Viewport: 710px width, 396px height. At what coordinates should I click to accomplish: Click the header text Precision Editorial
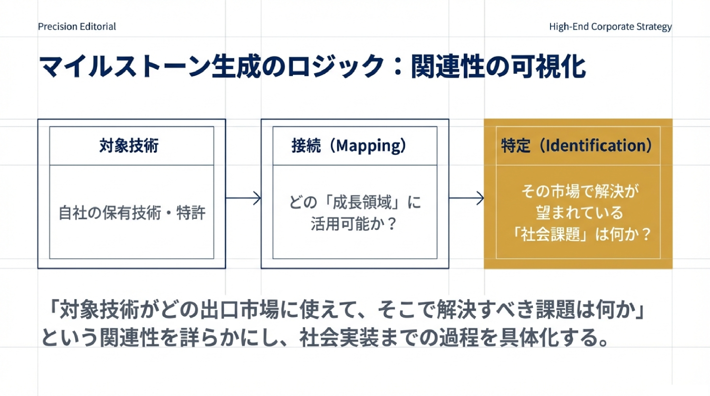(77, 26)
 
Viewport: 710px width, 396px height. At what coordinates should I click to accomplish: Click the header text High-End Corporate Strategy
(610, 26)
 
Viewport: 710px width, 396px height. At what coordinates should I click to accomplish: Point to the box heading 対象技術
(129, 146)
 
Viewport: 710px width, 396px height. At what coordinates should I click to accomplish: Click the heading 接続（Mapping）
(349, 146)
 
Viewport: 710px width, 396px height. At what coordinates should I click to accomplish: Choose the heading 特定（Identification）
(577, 146)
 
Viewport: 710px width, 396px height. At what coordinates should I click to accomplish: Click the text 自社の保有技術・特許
(132, 213)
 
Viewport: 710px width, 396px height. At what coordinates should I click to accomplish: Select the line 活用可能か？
(355, 224)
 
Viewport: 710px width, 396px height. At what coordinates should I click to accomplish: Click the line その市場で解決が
(579, 191)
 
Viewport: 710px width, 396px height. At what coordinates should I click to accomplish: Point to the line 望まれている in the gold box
(579, 212)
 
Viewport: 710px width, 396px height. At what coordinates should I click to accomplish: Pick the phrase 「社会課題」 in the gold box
(550, 234)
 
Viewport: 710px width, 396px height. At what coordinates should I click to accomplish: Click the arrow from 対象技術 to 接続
(243, 198)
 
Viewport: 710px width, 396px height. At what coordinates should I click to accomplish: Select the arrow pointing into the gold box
(466, 198)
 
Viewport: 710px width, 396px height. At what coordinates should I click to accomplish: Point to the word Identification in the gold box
(595, 146)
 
